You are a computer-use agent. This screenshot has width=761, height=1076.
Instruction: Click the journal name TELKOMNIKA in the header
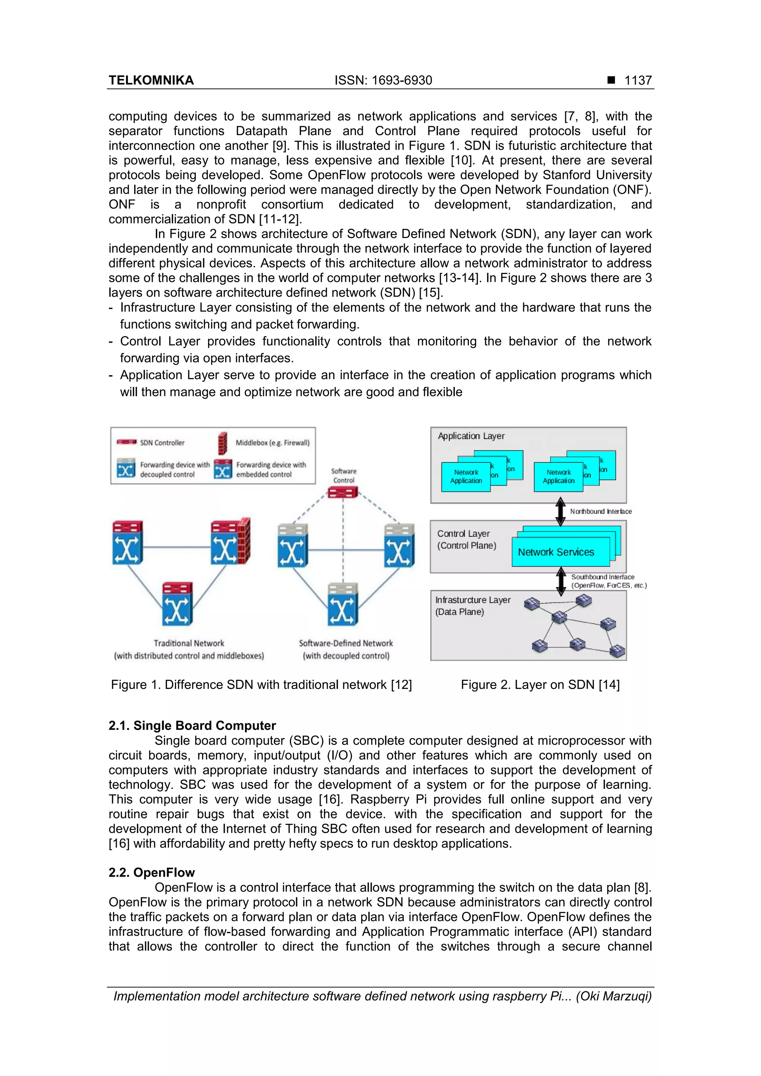point(151,80)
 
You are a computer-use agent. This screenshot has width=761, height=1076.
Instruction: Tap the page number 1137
point(638,80)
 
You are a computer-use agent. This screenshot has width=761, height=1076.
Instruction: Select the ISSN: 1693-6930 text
point(383,80)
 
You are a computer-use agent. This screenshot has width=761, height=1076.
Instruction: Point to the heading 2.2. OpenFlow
point(152,872)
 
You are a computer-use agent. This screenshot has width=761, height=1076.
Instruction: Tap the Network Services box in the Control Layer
point(556,552)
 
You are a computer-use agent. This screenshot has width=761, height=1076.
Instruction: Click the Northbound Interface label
point(600,511)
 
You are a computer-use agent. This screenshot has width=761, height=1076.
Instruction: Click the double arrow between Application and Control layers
point(560,511)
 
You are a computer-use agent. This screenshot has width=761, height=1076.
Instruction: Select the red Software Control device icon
point(343,493)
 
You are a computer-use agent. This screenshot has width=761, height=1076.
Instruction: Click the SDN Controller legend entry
point(162,442)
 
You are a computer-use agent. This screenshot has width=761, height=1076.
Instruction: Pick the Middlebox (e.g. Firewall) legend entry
point(272,442)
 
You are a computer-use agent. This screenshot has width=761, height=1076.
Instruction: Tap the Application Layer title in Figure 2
point(471,436)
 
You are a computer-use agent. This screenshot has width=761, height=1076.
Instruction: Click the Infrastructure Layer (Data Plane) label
point(472,605)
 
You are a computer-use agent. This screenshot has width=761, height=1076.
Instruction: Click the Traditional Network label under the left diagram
point(189,643)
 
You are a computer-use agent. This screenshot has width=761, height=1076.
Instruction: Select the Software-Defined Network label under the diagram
point(346,643)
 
